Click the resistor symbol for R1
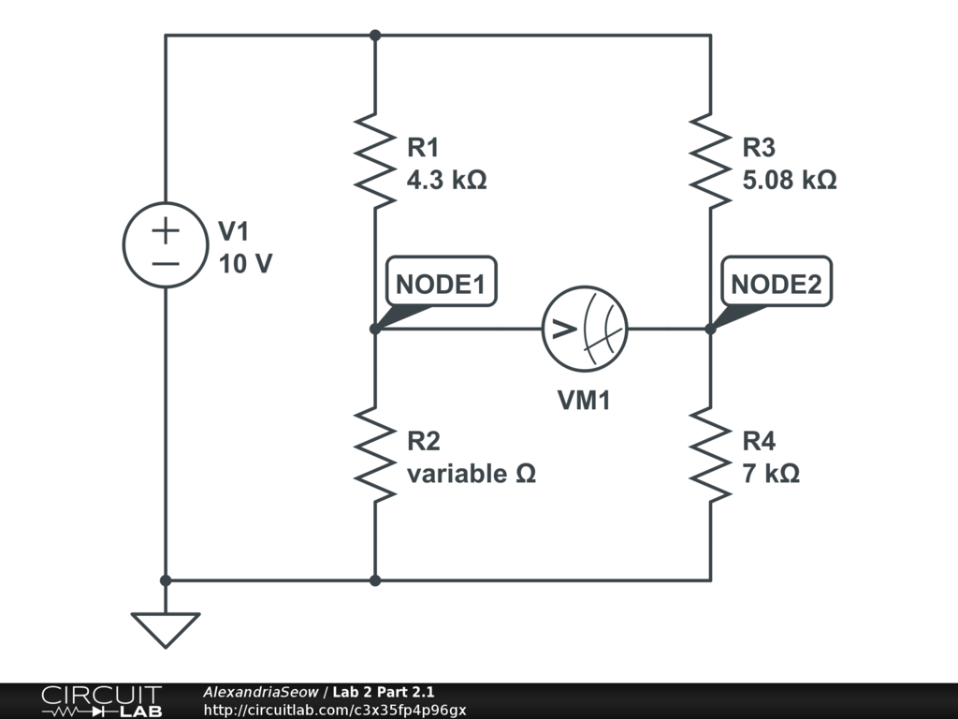pyautogui.click(x=374, y=159)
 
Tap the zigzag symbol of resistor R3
pyautogui.click(x=709, y=159)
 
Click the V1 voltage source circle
pyautogui.click(x=166, y=245)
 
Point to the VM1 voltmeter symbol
pyautogui.click(x=585, y=329)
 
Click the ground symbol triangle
pyautogui.click(x=166, y=628)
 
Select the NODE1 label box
pyautogui.click(x=441, y=285)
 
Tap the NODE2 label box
pyautogui.click(x=776, y=285)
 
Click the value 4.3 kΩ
pyautogui.click(x=446, y=180)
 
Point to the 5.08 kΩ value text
pyautogui.click(x=789, y=180)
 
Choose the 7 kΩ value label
pyautogui.click(x=771, y=474)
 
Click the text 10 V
pyautogui.click(x=245, y=264)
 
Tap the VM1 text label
pyautogui.click(x=584, y=401)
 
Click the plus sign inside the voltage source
pyautogui.click(x=166, y=229)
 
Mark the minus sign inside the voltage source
pyautogui.click(x=166, y=263)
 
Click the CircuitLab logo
pyautogui.click(x=101, y=701)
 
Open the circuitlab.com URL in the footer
pyautogui.click(x=334, y=711)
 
